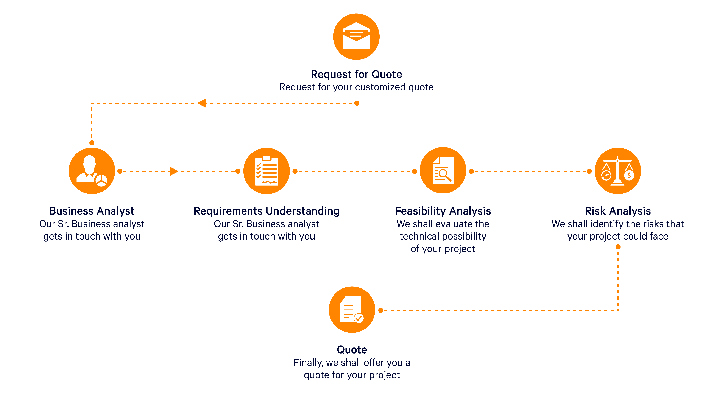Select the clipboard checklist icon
pyautogui.click(x=266, y=171)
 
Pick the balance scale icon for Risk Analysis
pyautogui.click(x=617, y=171)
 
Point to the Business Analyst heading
pyautogui.click(x=92, y=211)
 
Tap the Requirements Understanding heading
pyautogui.click(x=266, y=211)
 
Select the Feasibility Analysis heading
pyautogui.click(x=443, y=211)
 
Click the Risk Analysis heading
pyautogui.click(x=617, y=211)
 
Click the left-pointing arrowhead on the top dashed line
pyautogui.click(x=202, y=103)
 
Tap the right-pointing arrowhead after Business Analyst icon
pyautogui.click(x=174, y=171)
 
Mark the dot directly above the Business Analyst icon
pyautogui.click(x=92, y=143)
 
